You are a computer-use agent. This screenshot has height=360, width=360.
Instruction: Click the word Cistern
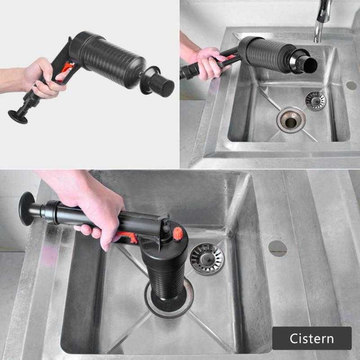[311, 338]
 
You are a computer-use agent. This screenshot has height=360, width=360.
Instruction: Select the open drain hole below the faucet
[291, 120]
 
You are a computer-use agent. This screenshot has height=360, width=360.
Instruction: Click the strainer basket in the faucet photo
[315, 100]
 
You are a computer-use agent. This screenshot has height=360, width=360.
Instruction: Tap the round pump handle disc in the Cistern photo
[27, 208]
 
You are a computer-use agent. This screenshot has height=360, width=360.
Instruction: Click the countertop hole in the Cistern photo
[278, 248]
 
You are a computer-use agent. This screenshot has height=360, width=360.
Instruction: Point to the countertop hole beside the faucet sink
[351, 85]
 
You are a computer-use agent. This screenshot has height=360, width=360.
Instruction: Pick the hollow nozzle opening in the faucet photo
[309, 65]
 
